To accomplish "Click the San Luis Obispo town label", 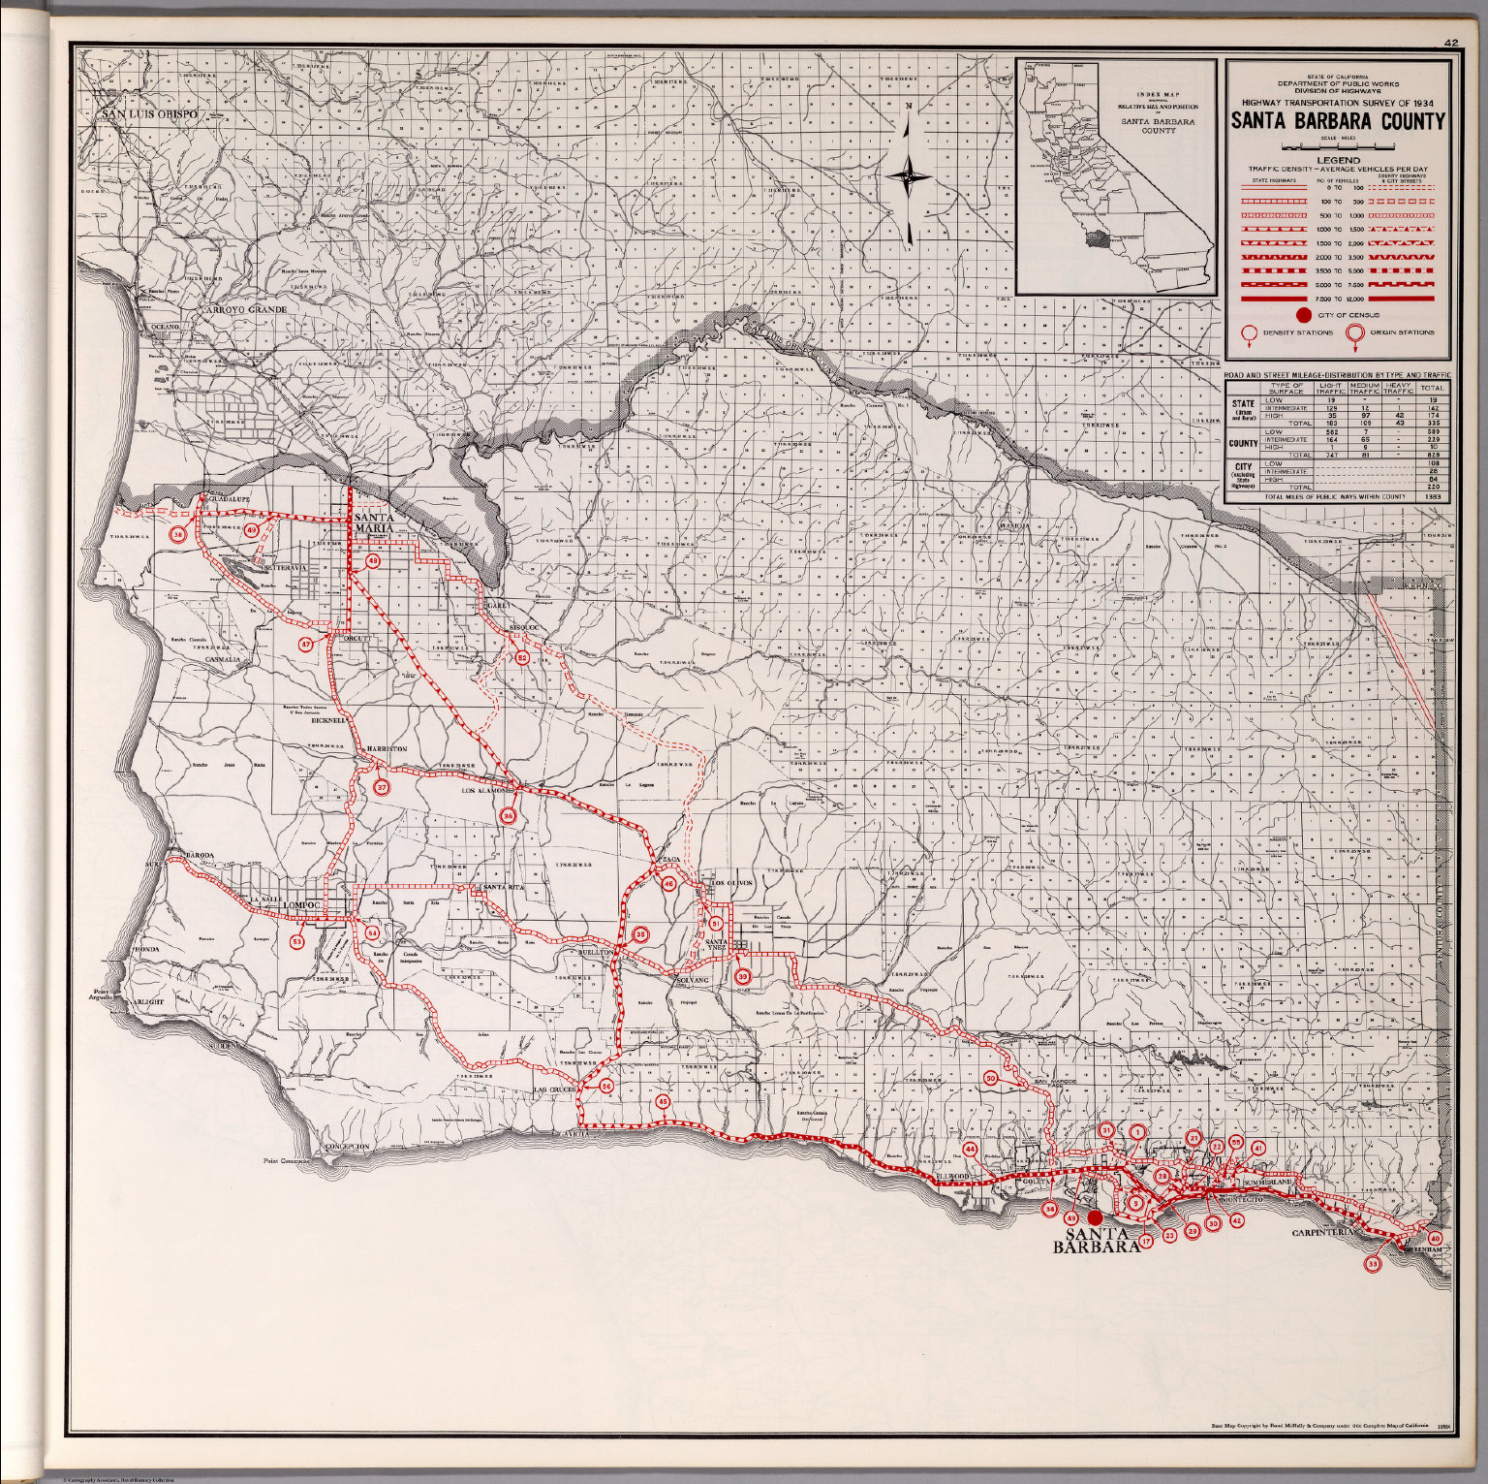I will [x=150, y=114].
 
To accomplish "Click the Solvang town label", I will [x=693, y=981].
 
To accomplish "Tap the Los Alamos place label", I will [x=485, y=790].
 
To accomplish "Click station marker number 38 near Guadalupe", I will [x=178, y=534].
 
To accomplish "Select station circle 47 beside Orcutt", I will [x=305, y=644].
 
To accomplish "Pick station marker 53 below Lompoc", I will [x=297, y=941].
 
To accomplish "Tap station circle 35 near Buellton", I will [x=640, y=934].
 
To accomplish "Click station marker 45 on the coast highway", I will [x=663, y=1101].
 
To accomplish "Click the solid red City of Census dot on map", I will [x=1095, y=1217].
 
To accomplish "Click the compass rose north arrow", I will [x=910, y=175].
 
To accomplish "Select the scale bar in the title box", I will [x=1337, y=146].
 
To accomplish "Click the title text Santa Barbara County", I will [x=1337, y=122].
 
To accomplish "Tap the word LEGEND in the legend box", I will [x=1337, y=160].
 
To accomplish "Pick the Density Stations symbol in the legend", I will [x=1251, y=334].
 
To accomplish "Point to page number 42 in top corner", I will [x=1450, y=43].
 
